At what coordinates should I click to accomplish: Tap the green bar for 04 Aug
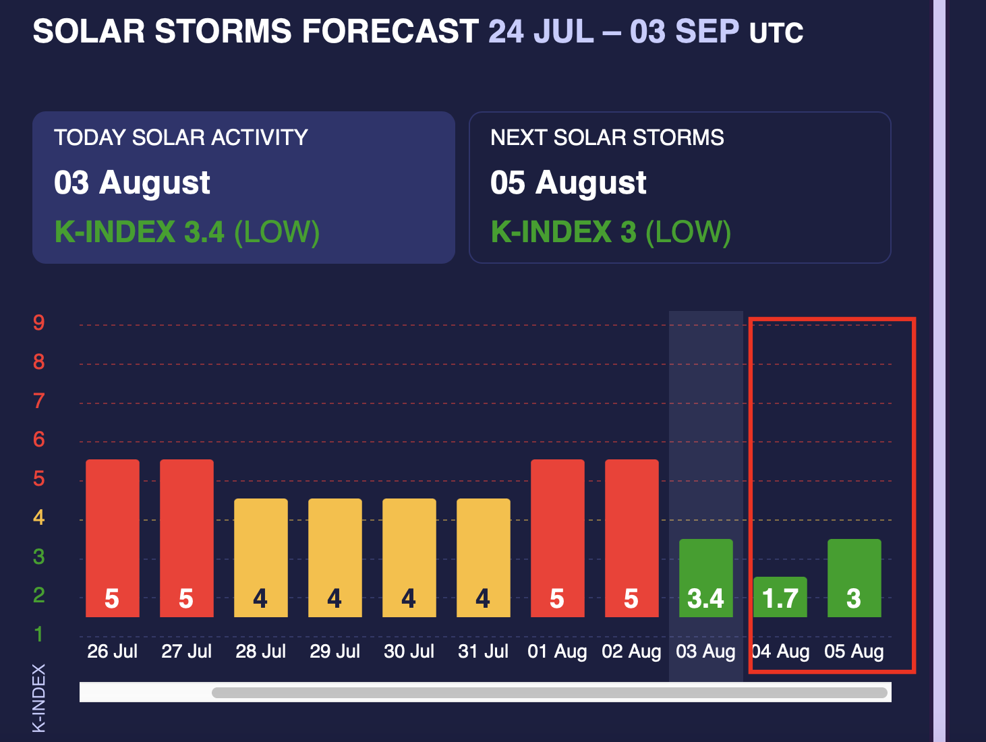coord(780,597)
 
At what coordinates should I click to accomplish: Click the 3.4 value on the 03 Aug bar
coord(705,598)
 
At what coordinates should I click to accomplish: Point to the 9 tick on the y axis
coord(39,322)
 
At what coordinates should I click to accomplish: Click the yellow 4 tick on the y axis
coord(39,517)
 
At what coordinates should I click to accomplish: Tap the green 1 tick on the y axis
coord(39,634)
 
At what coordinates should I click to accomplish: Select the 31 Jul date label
coord(483,652)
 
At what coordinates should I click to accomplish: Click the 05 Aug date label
coord(854,652)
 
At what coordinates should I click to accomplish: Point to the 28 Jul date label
coord(260,652)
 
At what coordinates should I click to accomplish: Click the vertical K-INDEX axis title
coord(39,697)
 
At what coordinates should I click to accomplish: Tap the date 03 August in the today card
coord(132,183)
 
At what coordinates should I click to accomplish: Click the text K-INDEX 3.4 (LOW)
coord(187,232)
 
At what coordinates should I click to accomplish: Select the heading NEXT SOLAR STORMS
coord(607,138)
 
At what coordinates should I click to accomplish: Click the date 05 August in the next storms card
coord(569,183)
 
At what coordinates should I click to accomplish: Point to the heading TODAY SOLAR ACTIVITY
coord(181,138)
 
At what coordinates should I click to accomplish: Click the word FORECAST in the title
coord(390,31)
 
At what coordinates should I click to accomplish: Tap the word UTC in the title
coord(776,33)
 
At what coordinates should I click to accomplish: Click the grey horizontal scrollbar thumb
coord(550,693)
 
